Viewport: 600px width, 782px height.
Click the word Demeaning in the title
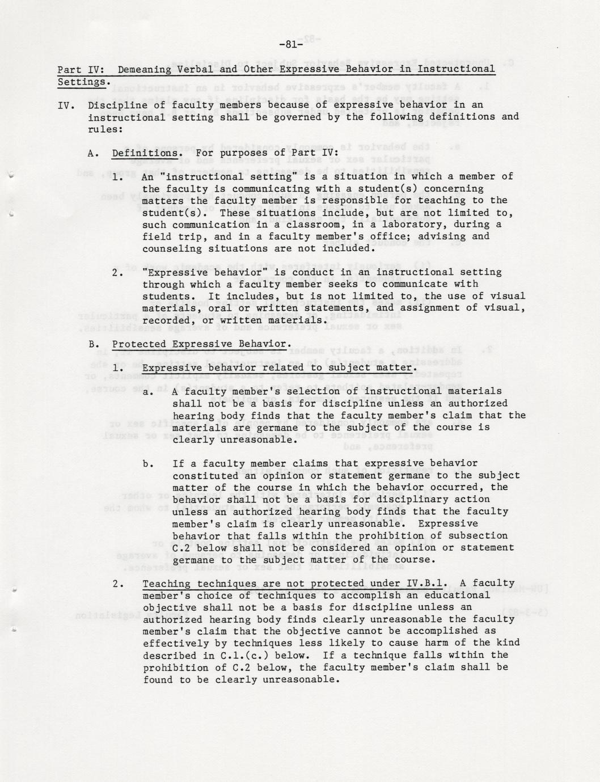145,69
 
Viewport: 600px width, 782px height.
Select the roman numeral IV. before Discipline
67,105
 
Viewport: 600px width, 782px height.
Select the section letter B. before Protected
94,344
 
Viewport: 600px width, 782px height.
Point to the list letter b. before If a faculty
148,464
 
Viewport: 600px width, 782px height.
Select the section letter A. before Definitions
94,153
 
